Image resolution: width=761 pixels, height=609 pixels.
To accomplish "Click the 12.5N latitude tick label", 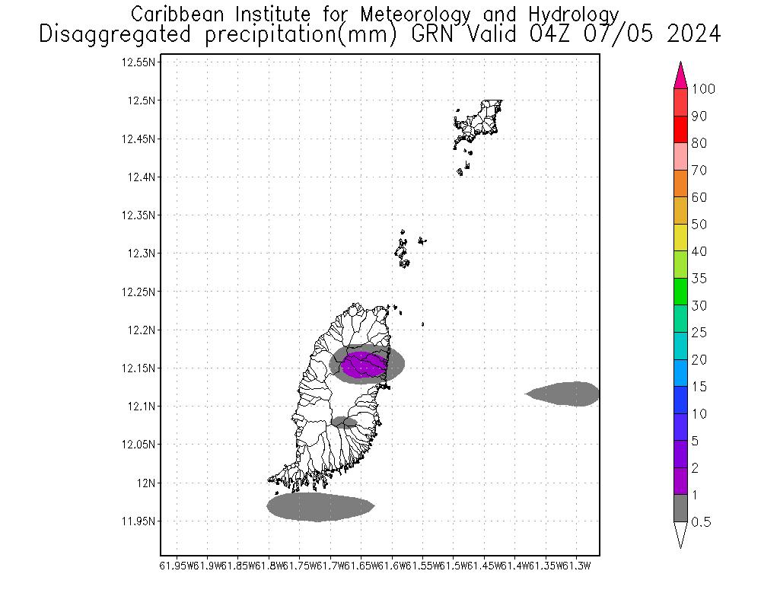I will tap(142, 100).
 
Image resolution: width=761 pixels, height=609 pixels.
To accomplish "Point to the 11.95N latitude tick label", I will tap(139, 521).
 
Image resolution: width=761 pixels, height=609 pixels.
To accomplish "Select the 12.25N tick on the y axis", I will tap(139, 292).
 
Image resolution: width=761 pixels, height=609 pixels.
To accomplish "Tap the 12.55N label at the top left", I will tap(139, 62).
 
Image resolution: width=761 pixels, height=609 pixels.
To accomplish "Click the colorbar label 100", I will tap(703, 89).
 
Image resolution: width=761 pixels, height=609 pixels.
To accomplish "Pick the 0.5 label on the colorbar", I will tap(702, 522).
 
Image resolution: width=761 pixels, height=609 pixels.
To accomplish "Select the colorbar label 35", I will tap(699, 279).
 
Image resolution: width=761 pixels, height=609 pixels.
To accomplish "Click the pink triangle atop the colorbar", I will tap(680, 76).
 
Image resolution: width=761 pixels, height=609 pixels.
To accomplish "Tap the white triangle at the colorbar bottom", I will tap(680, 534).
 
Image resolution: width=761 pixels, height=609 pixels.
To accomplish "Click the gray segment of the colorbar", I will tap(680, 509).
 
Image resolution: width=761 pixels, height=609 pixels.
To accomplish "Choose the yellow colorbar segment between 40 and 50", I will tap(680, 238).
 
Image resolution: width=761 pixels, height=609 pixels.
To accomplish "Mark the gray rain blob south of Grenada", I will tap(320, 507).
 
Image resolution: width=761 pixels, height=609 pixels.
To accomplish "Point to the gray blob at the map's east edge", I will tap(567, 394).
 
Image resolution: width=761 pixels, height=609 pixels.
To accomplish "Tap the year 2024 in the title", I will tap(689, 35).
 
